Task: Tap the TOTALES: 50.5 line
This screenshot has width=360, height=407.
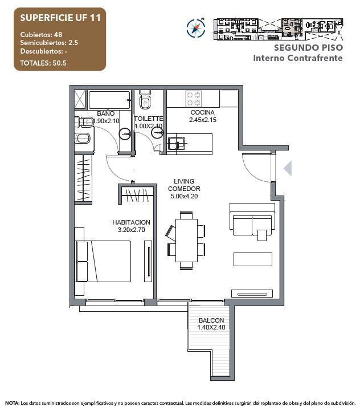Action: coord(43,63)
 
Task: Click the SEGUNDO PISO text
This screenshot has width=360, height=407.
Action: coord(308,48)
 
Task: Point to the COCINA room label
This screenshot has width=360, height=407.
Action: coord(202,112)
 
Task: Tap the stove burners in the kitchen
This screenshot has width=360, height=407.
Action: coord(193,97)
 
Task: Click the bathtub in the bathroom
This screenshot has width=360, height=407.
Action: coord(109,99)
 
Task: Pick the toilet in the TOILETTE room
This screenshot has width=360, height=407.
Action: coord(145,101)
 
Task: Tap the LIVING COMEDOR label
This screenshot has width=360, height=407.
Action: coord(184,185)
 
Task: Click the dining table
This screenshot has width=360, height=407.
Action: coord(186,239)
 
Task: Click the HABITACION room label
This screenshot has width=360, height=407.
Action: coord(131,222)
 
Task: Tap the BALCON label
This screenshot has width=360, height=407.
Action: coord(211,320)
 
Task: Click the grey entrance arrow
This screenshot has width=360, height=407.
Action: coord(288,168)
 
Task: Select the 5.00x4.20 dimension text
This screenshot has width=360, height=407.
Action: coord(184,196)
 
